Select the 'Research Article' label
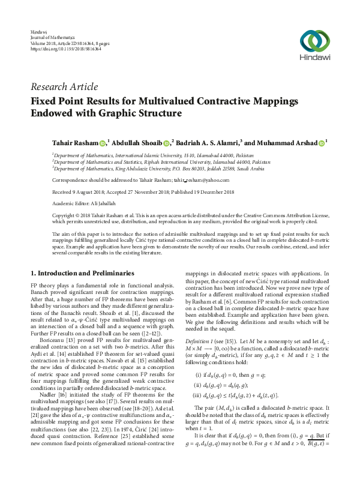[61, 88]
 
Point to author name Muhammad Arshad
[286, 143]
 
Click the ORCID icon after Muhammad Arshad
[322, 143]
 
